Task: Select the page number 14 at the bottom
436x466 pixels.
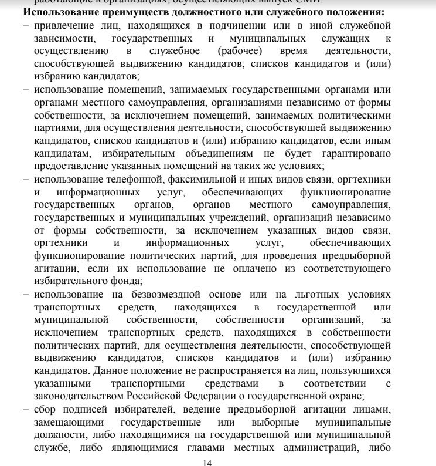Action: click(x=206, y=462)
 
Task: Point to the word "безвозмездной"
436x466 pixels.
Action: click(x=146, y=294)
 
